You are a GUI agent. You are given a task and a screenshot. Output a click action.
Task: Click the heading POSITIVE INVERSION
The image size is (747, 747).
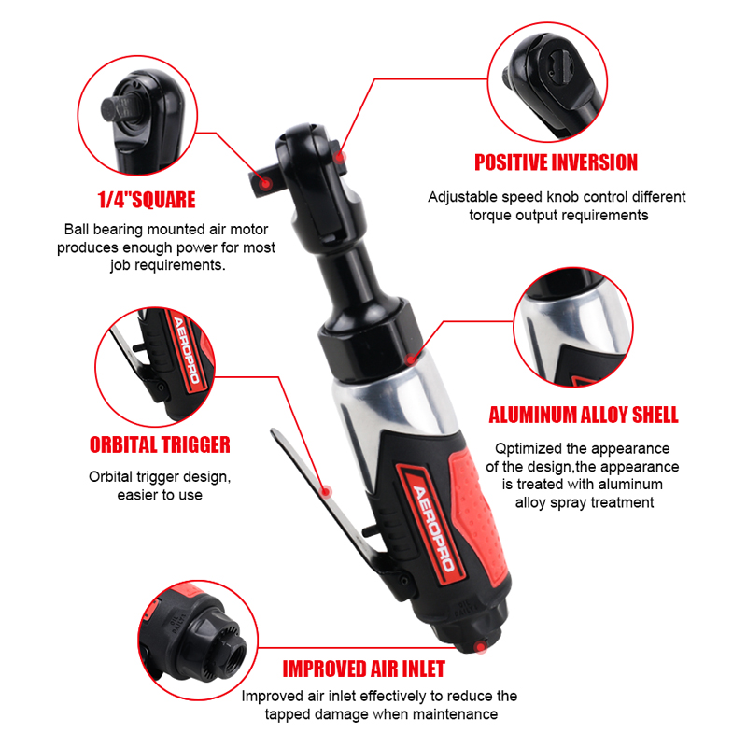pos(556,162)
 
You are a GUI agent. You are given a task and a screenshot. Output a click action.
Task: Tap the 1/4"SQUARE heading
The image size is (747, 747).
pos(147,200)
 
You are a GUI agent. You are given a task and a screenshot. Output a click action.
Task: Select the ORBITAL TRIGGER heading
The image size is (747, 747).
pos(160,445)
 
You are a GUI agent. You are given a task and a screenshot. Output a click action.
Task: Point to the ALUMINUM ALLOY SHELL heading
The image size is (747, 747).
pos(584,415)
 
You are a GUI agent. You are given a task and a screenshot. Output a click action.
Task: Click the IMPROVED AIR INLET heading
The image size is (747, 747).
pos(364,669)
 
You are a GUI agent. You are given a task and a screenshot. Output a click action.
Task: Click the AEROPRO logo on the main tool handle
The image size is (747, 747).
pos(432,528)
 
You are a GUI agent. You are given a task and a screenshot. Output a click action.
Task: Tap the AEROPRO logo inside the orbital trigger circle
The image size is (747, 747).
pos(186,349)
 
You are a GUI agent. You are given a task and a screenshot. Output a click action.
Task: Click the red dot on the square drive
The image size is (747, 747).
pos(266,183)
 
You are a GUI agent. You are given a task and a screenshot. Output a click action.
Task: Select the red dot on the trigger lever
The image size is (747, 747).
pos(326,491)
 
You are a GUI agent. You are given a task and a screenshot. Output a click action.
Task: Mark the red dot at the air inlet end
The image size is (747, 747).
pos(480,646)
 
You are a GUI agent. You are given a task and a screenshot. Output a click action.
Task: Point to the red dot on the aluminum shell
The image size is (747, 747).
pos(411,359)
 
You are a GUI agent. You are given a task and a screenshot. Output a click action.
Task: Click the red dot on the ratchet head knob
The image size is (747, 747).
pos(339,156)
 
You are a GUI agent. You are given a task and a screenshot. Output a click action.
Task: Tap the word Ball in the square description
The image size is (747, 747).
pos(77,229)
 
